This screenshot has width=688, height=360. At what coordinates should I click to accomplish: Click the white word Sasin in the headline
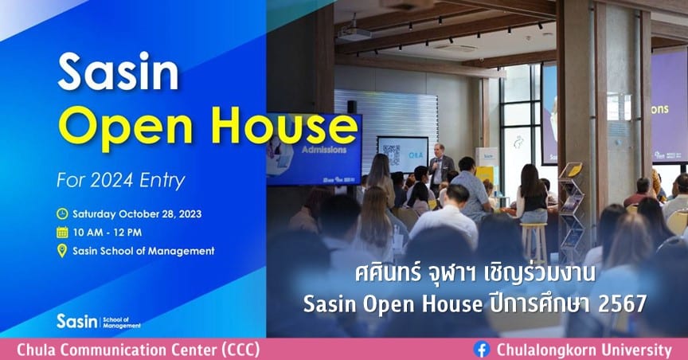(x=118, y=72)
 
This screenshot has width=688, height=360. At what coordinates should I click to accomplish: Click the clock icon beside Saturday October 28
(x=62, y=213)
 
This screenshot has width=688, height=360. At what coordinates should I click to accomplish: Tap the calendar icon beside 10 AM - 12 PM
(x=62, y=233)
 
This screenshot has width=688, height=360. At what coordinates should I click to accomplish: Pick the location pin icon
(x=62, y=251)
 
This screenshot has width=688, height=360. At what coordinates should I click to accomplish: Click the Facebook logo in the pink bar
(x=482, y=350)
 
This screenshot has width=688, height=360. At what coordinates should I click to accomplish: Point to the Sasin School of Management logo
(x=99, y=321)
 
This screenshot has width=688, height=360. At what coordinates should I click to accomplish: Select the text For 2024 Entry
(x=121, y=181)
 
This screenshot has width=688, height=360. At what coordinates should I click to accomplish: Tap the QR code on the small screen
(x=392, y=155)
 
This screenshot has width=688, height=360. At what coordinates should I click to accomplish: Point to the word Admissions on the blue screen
(x=324, y=150)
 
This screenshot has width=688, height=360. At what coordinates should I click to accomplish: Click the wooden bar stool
(x=534, y=242)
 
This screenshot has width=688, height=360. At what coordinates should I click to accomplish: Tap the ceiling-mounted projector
(x=354, y=33)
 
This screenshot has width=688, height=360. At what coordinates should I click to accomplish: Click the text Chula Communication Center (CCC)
(x=139, y=350)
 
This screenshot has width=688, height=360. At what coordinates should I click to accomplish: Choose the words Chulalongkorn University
(x=584, y=350)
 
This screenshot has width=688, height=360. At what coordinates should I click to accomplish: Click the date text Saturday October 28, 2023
(x=137, y=214)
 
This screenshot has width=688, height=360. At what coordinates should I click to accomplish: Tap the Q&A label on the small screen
(x=416, y=155)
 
